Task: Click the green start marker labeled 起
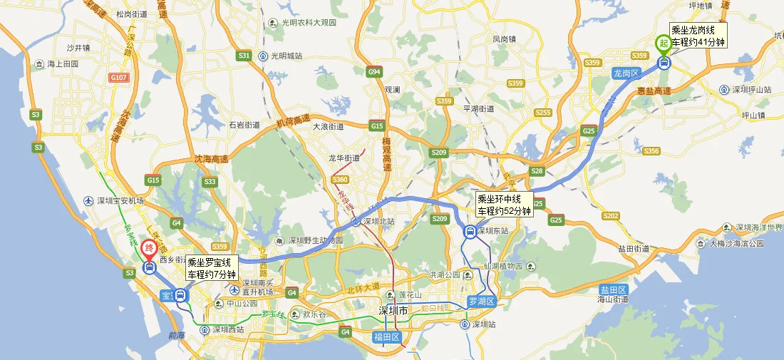[664, 43]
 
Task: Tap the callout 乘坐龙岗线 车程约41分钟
[698, 36]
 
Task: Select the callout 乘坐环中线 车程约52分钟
[504, 205]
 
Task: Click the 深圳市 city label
[393, 311]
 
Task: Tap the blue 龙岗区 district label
[627, 73]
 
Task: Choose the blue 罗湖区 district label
[481, 301]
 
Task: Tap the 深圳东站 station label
[495, 231]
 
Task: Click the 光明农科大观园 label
[306, 23]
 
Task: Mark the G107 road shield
[119, 77]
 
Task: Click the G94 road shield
[375, 72]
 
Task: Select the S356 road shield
[651, 151]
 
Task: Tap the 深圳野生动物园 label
[316, 240]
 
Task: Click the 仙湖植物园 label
[505, 265]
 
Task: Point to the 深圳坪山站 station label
[751, 90]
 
